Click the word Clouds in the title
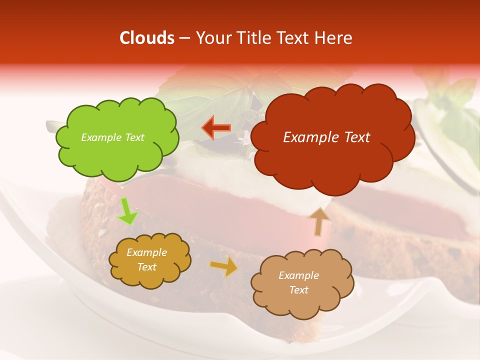pos(147,38)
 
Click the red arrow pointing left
pos(216,127)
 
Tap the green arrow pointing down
pos(127,211)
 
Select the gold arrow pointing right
pos(224,266)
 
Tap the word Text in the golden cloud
pos(146,267)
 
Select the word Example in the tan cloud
pos(298,275)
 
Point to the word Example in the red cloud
pos(308,137)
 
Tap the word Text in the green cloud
pos(134,137)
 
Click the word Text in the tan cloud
pos(298,290)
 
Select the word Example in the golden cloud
pos(146,252)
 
